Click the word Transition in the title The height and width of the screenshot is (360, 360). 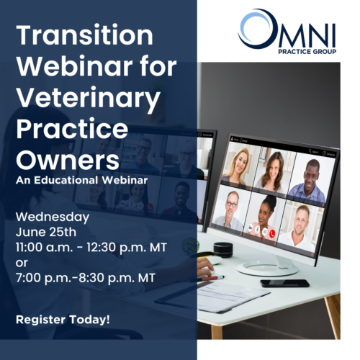[x=84, y=35]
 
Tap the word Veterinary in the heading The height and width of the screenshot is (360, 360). [x=88, y=98]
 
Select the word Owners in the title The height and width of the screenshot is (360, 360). [x=68, y=161]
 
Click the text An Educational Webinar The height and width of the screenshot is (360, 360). [x=81, y=181]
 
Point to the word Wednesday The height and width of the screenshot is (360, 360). [x=53, y=217]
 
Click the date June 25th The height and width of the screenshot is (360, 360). [x=46, y=232]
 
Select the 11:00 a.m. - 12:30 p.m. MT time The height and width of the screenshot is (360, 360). [x=91, y=248]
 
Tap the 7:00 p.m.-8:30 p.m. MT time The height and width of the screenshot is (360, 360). [x=86, y=278]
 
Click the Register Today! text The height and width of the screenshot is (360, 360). [x=63, y=320]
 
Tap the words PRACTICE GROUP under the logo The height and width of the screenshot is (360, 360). [x=307, y=52]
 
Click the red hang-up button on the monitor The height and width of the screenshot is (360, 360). [x=272, y=233]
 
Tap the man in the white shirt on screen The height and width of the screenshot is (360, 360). [x=297, y=228]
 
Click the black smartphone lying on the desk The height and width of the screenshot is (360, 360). [x=285, y=283]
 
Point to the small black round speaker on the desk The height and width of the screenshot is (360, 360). [x=223, y=250]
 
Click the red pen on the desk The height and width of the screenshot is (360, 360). [x=211, y=279]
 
